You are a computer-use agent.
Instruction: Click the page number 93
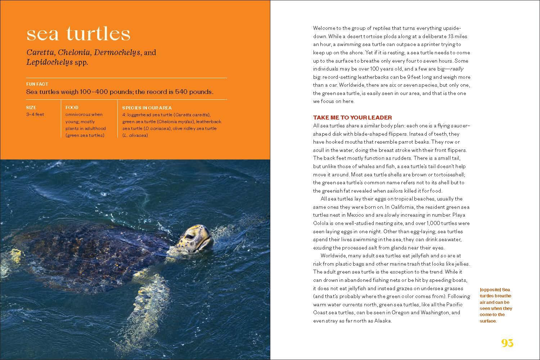click(507, 343)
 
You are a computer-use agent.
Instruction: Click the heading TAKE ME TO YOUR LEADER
click(352, 118)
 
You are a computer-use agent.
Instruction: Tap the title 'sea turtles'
click(78, 33)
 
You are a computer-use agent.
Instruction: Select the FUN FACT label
click(37, 84)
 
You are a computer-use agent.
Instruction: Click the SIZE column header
click(31, 108)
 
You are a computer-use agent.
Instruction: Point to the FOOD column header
click(72, 108)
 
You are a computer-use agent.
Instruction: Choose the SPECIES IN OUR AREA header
click(147, 108)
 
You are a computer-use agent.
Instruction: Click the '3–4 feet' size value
click(35, 114)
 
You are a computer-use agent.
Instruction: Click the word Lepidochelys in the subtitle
click(49, 62)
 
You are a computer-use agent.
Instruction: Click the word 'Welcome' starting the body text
click(324, 28)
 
